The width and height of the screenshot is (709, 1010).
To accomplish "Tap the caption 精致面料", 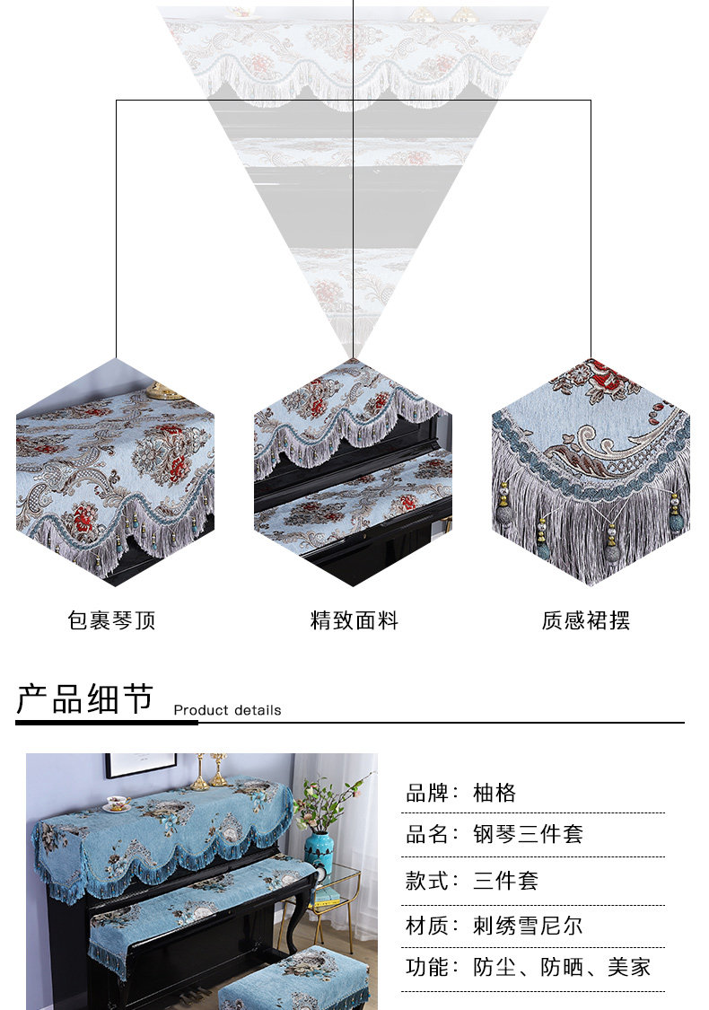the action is click(x=354, y=620).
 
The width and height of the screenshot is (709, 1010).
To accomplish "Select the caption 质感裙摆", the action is click(x=585, y=620).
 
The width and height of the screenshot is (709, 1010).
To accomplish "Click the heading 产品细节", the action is click(x=85, y=698).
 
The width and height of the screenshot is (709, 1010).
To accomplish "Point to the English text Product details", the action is click(x=227, y=710).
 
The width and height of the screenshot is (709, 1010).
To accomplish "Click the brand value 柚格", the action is click(x=495, y=793).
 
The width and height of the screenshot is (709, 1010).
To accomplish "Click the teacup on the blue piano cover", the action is click(x=118, y=803).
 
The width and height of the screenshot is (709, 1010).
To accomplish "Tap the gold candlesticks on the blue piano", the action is click(x=208, y=771).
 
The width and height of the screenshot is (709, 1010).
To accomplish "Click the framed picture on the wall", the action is click(x=141, y=764).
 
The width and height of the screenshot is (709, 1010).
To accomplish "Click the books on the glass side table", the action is click(x=327, y=897).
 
